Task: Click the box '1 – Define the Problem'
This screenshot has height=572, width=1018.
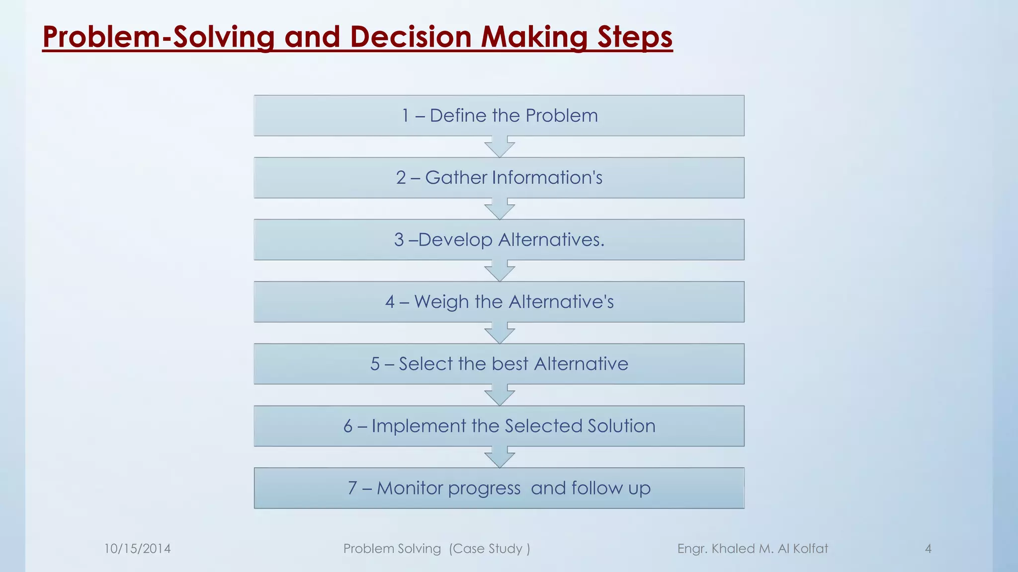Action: tap(499, 116)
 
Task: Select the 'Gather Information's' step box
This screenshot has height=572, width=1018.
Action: tap(499, 178)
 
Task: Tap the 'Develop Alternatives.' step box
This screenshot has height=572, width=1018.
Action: tap(499, 240)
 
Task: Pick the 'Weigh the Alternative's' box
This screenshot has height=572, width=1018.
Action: tap(499, 302)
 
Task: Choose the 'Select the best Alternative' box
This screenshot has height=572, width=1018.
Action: tap(499, 364)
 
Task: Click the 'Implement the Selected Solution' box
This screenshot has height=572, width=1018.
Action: tap(499, 426)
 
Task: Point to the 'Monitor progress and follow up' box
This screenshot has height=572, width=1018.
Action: tap(499, 488)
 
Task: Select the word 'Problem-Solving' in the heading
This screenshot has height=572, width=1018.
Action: tap(159, 37)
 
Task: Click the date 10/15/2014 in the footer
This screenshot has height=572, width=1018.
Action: tap(137, 549)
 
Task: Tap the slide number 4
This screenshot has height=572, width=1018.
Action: tap(928, 549)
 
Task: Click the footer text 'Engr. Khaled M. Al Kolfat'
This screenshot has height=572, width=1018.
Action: tap(753, 549)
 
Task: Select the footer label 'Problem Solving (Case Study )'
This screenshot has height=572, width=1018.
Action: tap(436, 549)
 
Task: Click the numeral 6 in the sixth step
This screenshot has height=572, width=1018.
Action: tap(348, 426)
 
